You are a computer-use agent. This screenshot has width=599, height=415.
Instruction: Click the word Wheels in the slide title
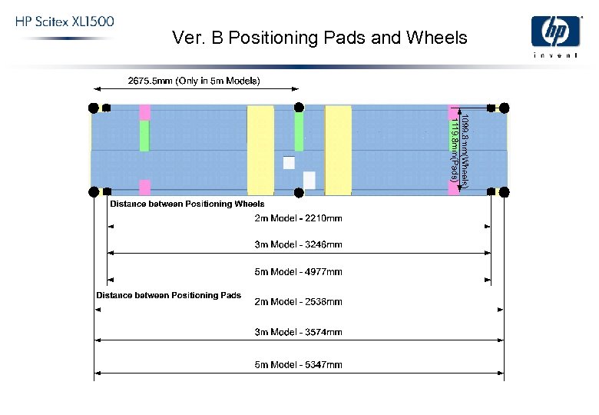coord(441,37)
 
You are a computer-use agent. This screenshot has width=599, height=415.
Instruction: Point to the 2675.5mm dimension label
coord(193,80)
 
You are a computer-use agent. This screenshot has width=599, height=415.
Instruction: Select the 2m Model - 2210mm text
coord(298,218)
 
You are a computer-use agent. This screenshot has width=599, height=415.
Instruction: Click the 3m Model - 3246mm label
coord(298,244)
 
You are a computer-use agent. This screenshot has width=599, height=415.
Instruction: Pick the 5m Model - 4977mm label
coord(298,271)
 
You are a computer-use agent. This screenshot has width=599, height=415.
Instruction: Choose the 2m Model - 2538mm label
coord(298,301)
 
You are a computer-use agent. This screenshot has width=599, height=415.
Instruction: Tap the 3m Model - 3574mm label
coord(298,332)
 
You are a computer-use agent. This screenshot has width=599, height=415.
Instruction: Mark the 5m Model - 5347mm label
coord(298,364)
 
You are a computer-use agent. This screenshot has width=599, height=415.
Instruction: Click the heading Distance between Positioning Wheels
coord(187,204)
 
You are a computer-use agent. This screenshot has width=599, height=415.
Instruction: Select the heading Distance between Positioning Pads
coord(168,295)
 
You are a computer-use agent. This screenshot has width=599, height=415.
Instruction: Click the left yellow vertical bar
coord(260,151)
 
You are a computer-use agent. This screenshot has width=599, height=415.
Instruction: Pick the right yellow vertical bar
coord(338,151)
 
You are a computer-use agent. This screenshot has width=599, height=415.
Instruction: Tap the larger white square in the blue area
coord(309,181)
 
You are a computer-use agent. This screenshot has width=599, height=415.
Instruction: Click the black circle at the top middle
coord(299,107)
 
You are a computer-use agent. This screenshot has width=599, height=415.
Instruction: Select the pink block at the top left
coord(144,112)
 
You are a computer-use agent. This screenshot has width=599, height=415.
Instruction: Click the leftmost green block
coord(144,135)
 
